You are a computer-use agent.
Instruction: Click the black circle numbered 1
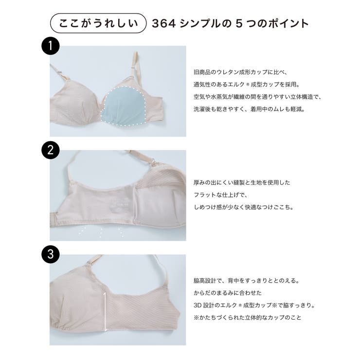click(x=50, y=47)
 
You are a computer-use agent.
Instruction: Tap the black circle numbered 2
click(x=50, y=150)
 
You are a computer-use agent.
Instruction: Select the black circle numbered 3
click(x=50, y=253)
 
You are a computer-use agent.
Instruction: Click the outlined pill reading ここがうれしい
click(x=98, y=23)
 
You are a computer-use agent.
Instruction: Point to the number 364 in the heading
click(x=162, y=23)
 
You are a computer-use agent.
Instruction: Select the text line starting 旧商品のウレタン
click(x=247, y=72)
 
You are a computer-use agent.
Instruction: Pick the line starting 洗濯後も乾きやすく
click(x=249, y=109)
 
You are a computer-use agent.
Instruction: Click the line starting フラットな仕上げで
click(x=220, y=195)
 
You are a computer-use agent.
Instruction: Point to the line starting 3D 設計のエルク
click(x=254, y=306)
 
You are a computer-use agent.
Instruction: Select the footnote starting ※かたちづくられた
click(x=248, y=318)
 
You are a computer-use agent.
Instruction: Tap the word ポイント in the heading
click(x=288, y=23)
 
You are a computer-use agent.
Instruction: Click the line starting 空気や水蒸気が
click(x=257, y=97)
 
